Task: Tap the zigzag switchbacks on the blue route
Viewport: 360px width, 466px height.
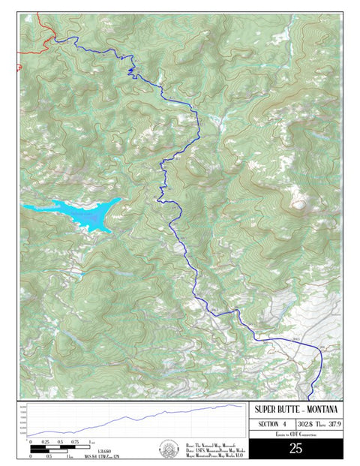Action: (134, 72)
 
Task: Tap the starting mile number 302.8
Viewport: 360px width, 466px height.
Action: (304, 425)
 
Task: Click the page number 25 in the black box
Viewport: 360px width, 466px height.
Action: (295, 449)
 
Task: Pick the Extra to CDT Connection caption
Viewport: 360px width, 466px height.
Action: (295, 434)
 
